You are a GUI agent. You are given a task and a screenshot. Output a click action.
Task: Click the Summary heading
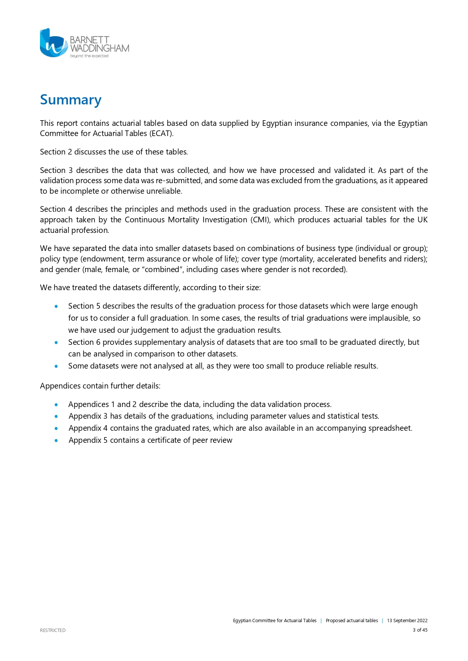pyautogui.click(x=71, y=100)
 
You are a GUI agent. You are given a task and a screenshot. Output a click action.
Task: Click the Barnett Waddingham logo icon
pyautogui.click(x=54, y=43)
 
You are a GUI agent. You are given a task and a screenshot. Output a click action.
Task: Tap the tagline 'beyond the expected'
pyautogui.click(x=89, y=56)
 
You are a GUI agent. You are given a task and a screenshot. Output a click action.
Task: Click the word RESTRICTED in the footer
pyautogui.click(x=53, y=630)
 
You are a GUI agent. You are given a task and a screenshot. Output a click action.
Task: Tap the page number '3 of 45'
pyautogui.click(x=420, y=630)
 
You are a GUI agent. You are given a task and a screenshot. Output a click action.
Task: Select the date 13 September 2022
pyautogui.click(x=407, y=621)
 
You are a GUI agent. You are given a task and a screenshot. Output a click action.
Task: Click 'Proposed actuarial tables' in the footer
pyautogui.click(x=351, y=621)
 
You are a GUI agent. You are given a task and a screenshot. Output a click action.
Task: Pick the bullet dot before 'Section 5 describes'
pyautogui.click(x=56, y=306)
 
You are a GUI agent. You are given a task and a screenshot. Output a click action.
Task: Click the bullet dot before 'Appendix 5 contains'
pyautogui.click(x=56, y=440)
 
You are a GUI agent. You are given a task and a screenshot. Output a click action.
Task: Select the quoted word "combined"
pyautogui.click(x=162, y=269)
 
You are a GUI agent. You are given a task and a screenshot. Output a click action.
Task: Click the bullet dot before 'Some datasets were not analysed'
pyautogui.click(x=56, y=366)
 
